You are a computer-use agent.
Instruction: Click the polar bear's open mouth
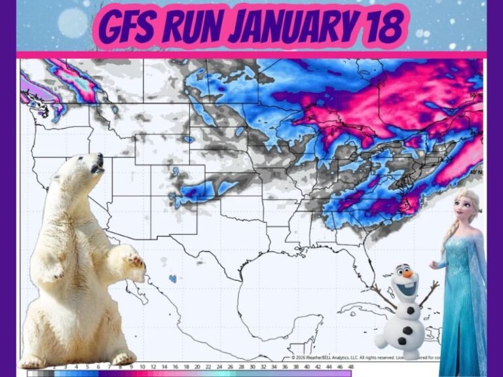[97, 169]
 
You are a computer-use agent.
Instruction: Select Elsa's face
[466, 208]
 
